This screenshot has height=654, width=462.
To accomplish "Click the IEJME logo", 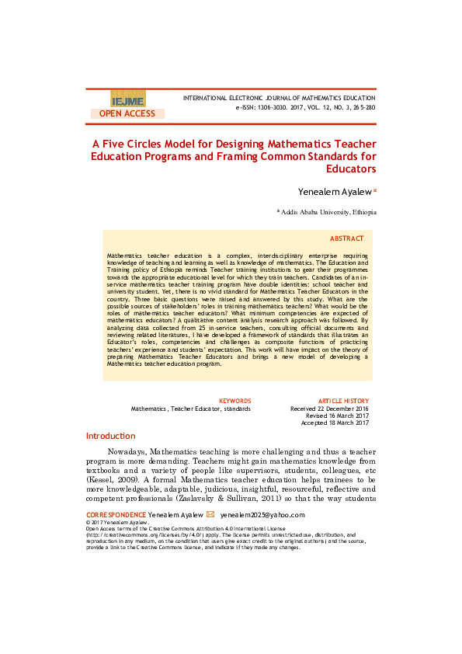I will pos(127,100).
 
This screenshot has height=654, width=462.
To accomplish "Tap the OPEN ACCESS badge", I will pos(127,113).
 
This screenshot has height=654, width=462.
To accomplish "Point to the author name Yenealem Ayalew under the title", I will pos(335,191).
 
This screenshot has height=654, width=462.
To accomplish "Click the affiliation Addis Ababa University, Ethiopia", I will pos(329,211).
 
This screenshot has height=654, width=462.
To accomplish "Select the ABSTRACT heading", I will pos(346,238).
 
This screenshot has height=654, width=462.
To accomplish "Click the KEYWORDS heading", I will pos(235,401).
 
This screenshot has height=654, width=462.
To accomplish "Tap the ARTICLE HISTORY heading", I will pos(344,401).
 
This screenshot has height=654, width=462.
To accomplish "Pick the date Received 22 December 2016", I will pos(329,409).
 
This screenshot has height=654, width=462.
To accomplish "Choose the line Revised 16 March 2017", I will pos(338,416).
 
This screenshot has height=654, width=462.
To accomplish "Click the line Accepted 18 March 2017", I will pos(335,423).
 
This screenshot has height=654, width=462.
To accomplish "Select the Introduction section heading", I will pos(110,437).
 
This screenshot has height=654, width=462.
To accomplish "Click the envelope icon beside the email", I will pos(210,514).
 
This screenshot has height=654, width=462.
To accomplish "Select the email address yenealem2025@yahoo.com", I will pos(262,515).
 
